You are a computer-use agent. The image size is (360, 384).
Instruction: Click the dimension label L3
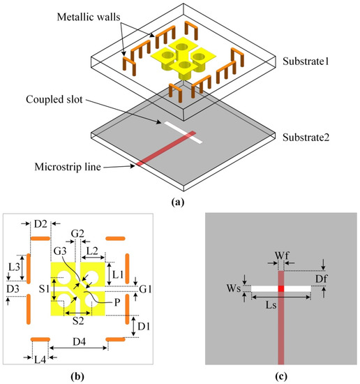click(x=13, y=267)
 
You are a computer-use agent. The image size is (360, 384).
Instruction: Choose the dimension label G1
click(x=144, y=287)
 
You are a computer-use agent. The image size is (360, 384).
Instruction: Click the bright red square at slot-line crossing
click(x=281, y=288)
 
